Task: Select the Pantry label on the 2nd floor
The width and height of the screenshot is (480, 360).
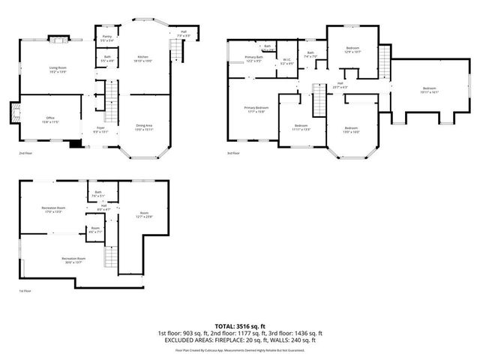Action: [107, 37]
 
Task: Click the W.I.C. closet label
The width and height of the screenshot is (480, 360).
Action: [286, 61]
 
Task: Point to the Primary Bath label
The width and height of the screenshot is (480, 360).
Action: [253, 58]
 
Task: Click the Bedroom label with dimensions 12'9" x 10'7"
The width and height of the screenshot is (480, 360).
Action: [352, 50]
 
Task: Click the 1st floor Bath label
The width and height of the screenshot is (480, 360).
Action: [97, 194]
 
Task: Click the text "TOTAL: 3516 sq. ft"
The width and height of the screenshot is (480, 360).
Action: [240, 326]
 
